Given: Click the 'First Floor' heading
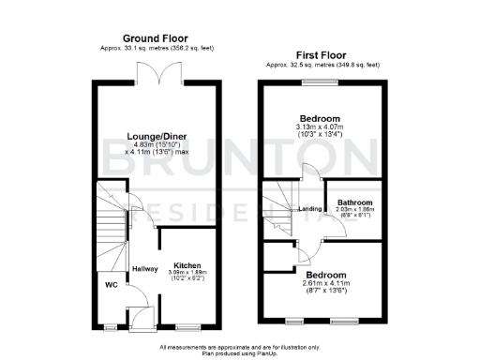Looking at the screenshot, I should [322, 55].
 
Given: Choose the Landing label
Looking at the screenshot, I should [310, 209].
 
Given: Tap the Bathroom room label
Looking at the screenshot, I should [354, 202].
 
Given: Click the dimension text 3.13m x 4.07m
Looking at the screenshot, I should [321, 127].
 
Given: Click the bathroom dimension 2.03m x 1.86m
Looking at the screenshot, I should [354, 210].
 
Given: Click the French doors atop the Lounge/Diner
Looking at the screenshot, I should [156, 75].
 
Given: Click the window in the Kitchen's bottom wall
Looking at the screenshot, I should [188, 327].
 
